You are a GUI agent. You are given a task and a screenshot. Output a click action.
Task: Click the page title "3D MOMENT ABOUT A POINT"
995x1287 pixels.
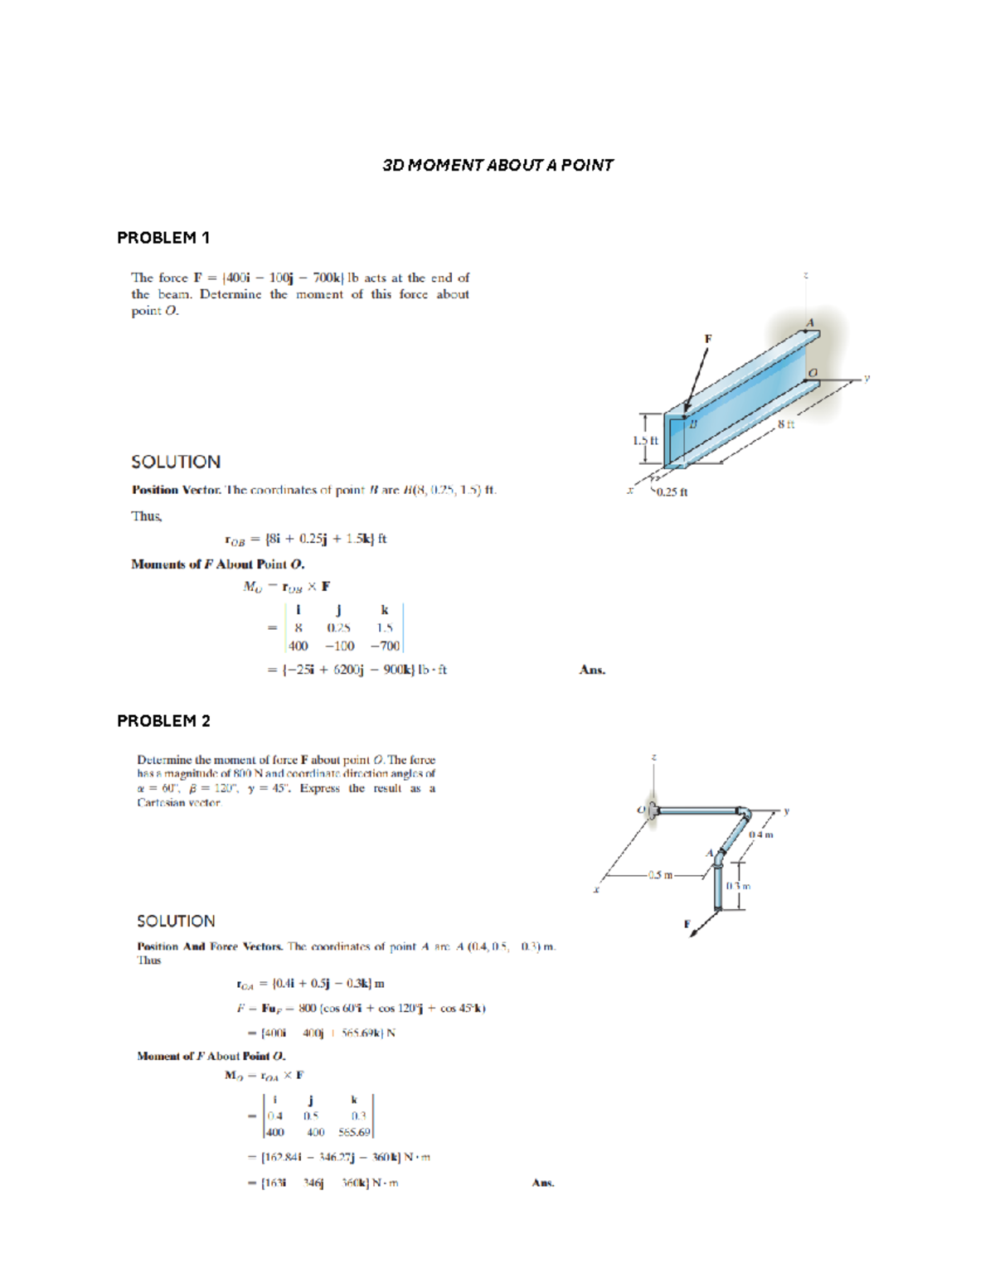tap(498, 165)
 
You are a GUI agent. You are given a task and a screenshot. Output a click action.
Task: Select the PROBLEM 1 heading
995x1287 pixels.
tap(163, 238)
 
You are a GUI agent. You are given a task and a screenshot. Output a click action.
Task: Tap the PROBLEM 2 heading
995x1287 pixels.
tap(163, 721)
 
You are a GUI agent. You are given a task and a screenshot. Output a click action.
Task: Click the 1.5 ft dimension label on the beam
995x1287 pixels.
tap(645, 440)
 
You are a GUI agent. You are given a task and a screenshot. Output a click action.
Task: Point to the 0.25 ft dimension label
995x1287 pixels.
tap(672, 492)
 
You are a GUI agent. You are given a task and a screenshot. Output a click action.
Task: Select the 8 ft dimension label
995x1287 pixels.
tap(786, 424)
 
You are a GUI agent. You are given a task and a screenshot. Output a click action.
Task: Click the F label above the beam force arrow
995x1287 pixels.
tap(708, 338)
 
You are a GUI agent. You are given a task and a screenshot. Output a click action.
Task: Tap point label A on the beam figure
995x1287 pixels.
tap(810, 322)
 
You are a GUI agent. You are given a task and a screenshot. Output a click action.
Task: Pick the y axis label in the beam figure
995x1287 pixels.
tap(866, 377)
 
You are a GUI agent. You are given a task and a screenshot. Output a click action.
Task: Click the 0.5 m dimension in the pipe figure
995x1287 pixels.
tap(661, 874)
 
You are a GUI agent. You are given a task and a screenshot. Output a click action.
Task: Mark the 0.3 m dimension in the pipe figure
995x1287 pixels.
tap(738, 886)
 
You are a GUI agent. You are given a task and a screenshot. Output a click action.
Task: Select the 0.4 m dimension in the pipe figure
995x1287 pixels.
tap(760, 835)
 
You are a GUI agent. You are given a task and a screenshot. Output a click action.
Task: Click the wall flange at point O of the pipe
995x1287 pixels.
tap(653, 810)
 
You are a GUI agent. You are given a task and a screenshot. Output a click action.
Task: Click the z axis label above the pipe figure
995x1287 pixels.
tap(654, 757)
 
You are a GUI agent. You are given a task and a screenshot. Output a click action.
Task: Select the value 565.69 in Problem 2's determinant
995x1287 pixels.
tap(354, 1132)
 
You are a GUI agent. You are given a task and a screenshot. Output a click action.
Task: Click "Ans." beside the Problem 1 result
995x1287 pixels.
tap(592, 670)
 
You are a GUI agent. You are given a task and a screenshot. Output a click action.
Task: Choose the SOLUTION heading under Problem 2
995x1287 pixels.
tap(176, 922)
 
